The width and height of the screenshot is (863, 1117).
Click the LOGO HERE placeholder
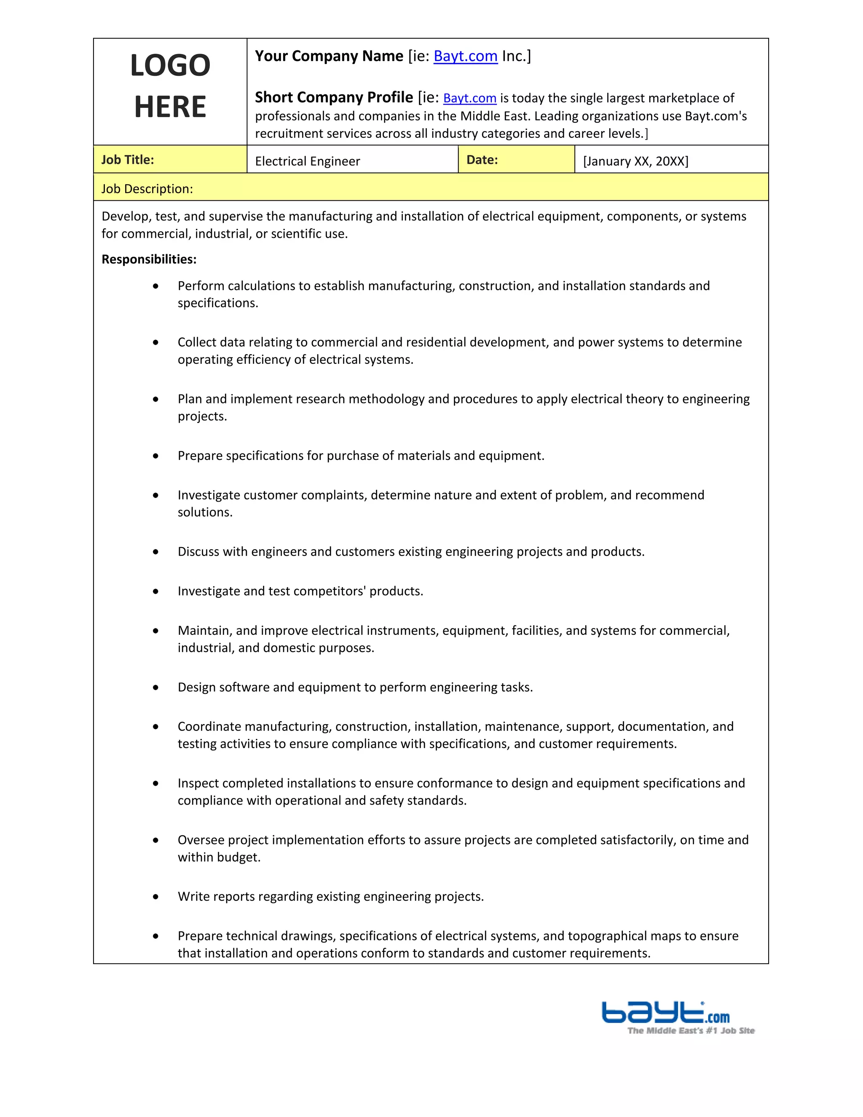170,86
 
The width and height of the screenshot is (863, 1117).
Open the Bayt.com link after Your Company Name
465,56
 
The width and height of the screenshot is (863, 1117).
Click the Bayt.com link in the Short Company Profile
469,98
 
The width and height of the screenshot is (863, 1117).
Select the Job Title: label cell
128,160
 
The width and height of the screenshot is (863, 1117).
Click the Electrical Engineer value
307,161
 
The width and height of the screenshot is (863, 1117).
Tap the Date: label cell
482,160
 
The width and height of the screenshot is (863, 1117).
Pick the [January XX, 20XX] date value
635,161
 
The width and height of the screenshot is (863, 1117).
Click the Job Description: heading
147,189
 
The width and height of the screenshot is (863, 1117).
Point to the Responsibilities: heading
149,259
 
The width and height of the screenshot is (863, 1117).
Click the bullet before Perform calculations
155,286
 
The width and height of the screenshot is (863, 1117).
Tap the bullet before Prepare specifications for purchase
155,456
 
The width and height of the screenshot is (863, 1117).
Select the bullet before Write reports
155,897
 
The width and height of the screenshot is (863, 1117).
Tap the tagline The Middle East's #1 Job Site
691,1031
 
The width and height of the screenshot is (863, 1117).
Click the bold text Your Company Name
329,56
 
